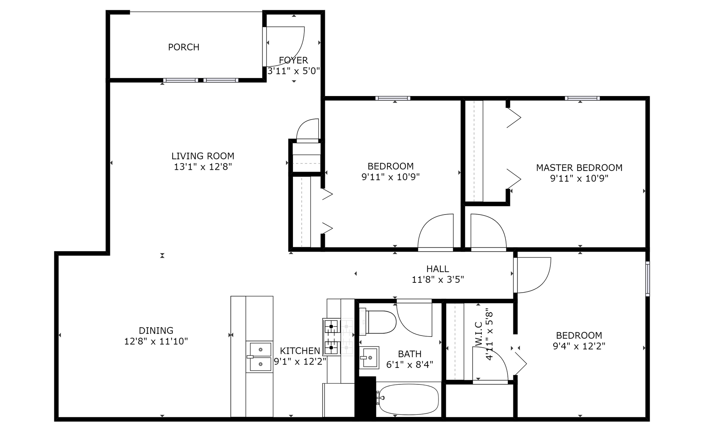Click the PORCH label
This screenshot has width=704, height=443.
pos(184,47)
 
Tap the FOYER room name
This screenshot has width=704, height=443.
pos(293,60)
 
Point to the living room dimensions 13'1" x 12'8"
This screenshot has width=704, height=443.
pos(203,167)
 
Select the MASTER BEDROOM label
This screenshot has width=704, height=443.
pos(579,168)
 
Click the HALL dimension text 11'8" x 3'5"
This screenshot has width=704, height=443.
pos(438,280)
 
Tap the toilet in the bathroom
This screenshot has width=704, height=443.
pos(378,322)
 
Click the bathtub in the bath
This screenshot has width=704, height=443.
pos(408,399)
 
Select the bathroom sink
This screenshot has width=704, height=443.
pos(369,358)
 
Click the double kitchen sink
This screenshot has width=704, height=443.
pos(260,357)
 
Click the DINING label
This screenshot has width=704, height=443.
pos(156,331)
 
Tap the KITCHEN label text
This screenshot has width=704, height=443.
pos(300,351)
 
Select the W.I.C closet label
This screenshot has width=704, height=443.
pos(478,334)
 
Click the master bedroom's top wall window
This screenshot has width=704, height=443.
pos(582,98)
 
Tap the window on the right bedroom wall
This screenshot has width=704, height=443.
pos(648,278)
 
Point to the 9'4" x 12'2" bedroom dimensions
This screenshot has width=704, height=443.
pos(579,346)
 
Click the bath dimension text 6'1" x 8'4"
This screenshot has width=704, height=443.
pos(410,365)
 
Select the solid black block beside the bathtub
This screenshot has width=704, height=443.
pos(366,396)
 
